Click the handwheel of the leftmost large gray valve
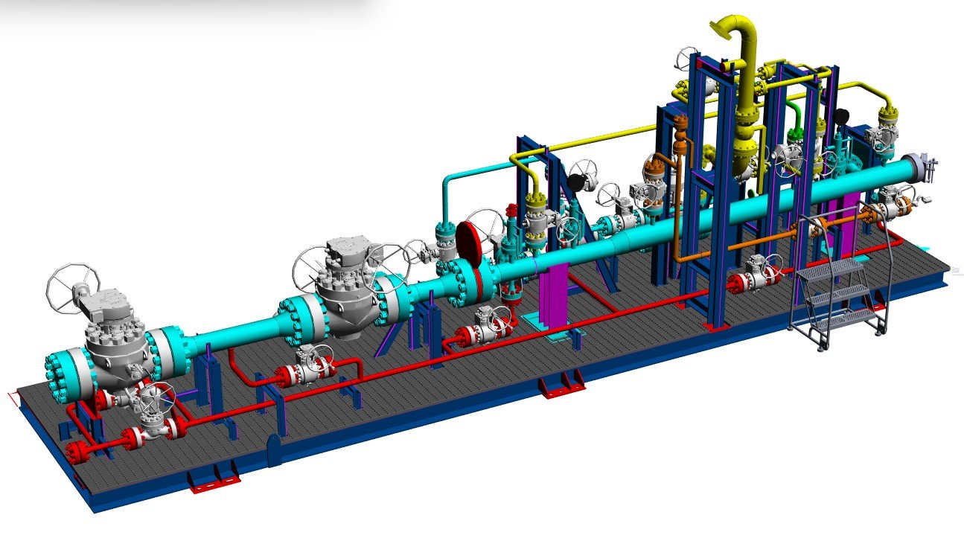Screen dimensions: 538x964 pyautogui.click(x=73, y=286)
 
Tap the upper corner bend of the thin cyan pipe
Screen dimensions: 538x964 pyautogui.click(x=447, y=179)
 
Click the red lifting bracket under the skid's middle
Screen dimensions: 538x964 pyautogui.click(x=563, y=385)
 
